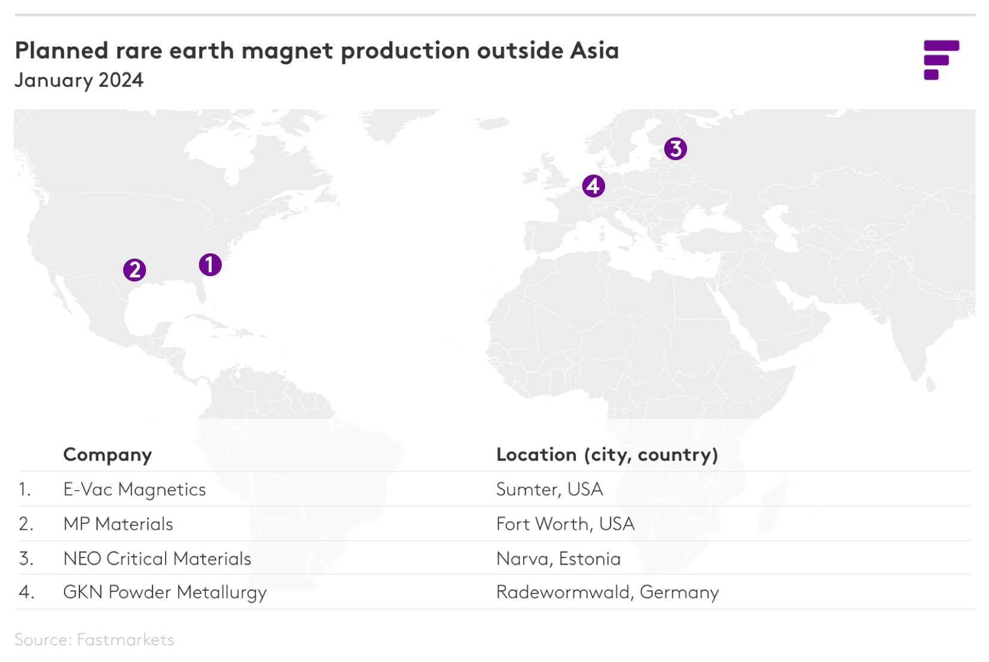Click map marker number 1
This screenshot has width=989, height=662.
coord(210,264)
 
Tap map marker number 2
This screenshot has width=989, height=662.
coord(135,270)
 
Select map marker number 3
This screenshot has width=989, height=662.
coord(675,149)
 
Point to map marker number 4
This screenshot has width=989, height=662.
coord(593,186)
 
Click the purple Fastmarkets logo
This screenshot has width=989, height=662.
coord(941,60)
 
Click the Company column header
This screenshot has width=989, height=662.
coord(108,455)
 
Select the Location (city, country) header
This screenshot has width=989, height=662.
coord(606,455)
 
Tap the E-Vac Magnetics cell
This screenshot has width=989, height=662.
coord(135,489)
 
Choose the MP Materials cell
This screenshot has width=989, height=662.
coord(118,524)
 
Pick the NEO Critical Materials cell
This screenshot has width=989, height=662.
coord(157,559)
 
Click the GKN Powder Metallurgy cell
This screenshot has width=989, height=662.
coord(165,592)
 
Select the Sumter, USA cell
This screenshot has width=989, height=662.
coord(549,489)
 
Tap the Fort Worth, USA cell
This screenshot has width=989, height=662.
coord(565,524)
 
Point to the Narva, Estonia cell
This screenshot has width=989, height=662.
coord(558,559)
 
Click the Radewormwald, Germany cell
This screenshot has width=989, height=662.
coord(607,592)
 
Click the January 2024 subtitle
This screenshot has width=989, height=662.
coord(79,80)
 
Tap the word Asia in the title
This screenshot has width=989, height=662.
coord(594,51)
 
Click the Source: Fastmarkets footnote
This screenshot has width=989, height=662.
coord(94,640)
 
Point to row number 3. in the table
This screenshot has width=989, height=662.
coord(26,559)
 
